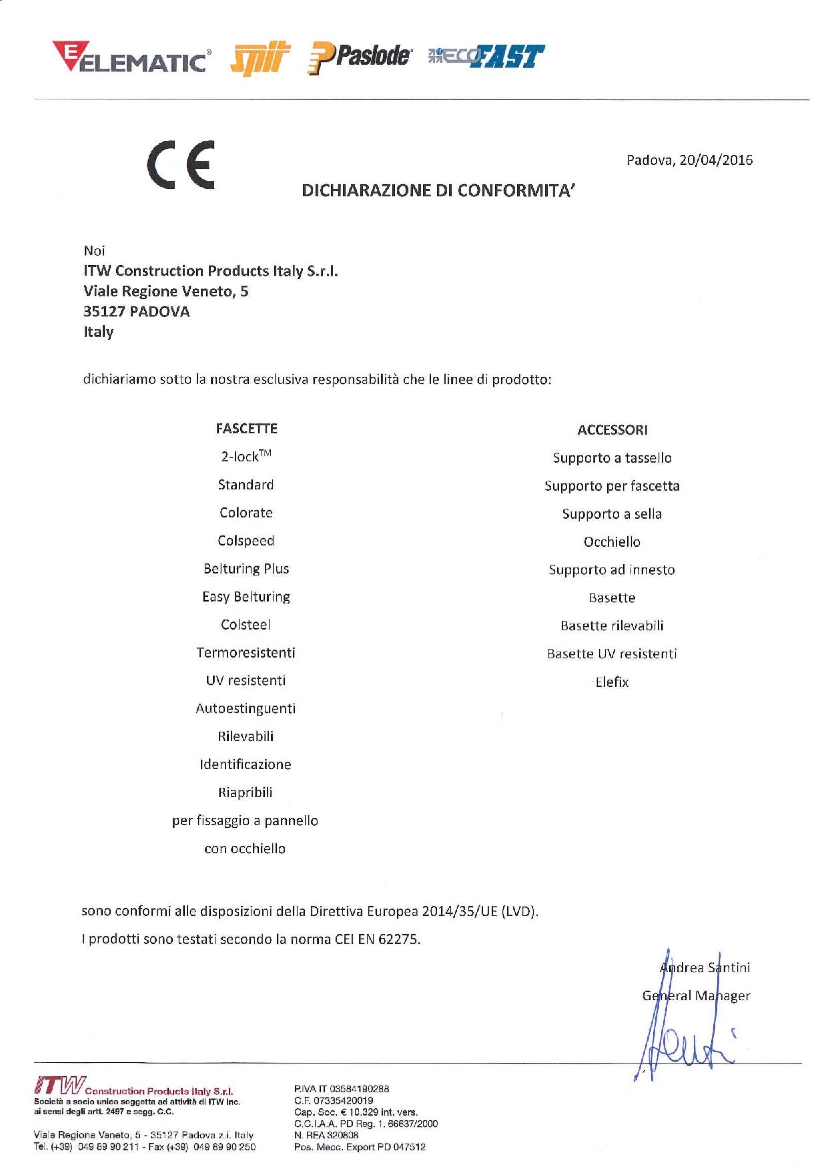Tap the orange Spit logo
pyautogui.click(x=260, y=59)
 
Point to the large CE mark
pyautogui.click(x=181, y=165)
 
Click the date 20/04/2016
pyautogui.click(x=716, y=160)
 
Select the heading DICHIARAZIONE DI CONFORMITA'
pyautogui.click(x=438, y=191)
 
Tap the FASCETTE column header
pyautogui.click(x=246, y=429)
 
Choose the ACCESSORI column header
pyautogui.click(x=612, y=430)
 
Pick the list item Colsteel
pyautogui.click(x=246, y=625)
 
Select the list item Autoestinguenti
pyautogui.click(x=246, y=709)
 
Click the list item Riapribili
pyautogui.click(x=245, y=793)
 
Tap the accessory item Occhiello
pyautogui.click(x=612, y=542)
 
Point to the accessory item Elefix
pyautogui.click(x=612, y=682)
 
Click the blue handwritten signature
pyautogui.click(x=687, y=1028)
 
